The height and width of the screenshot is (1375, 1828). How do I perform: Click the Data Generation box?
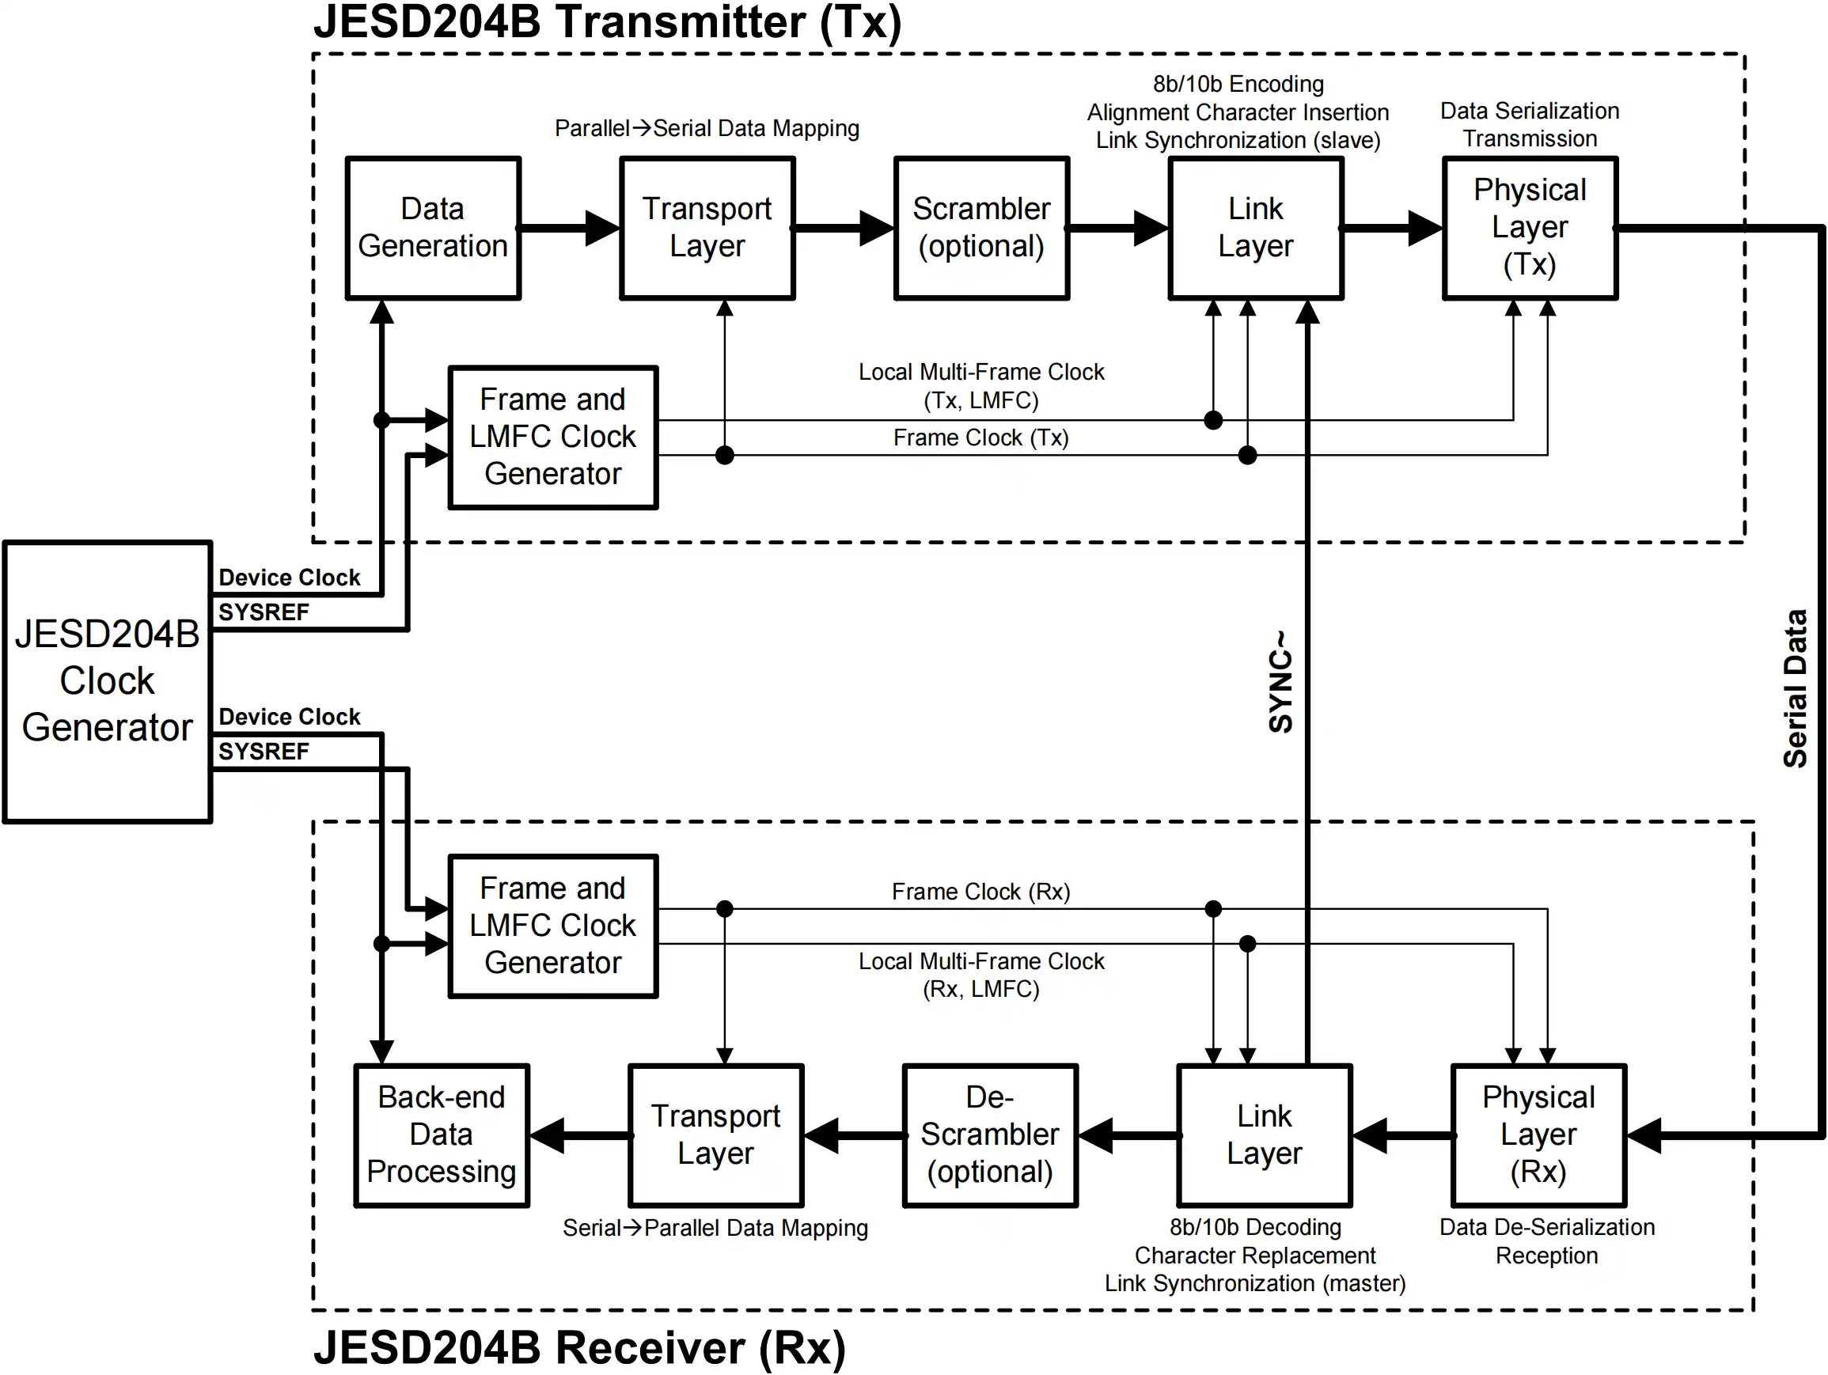point(432,227)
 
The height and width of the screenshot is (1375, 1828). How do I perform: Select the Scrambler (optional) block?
point(981,227)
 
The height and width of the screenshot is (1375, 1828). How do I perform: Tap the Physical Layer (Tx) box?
point(1530,227)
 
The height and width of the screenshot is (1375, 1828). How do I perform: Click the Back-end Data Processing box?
point(442,1134)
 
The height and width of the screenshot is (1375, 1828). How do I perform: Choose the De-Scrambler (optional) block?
point(989,1134)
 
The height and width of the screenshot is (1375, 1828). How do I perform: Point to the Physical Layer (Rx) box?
point(1538,1134)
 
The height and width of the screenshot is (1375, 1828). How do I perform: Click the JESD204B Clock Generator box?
point(108,681)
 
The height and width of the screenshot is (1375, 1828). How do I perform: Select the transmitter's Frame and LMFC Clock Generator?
point(553,436)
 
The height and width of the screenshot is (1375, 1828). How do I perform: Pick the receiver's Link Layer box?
point(1264,1134)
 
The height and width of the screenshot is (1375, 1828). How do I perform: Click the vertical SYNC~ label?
point(1280,683)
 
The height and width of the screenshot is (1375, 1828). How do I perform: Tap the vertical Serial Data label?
point(1795,688)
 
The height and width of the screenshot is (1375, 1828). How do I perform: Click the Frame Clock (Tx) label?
point(981,438)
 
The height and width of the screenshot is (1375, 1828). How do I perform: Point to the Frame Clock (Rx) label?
point(981,892)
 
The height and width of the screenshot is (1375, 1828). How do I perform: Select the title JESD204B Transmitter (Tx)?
point(608,22)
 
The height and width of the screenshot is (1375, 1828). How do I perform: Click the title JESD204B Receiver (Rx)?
point(579,1347)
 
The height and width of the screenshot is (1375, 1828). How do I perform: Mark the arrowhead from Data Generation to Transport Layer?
point(601,227)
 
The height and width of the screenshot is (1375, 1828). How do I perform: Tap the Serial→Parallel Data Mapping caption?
point(715,1228)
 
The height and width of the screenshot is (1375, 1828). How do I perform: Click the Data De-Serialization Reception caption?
point(1546,1241)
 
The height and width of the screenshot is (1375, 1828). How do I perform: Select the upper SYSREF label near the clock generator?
point(263,612)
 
